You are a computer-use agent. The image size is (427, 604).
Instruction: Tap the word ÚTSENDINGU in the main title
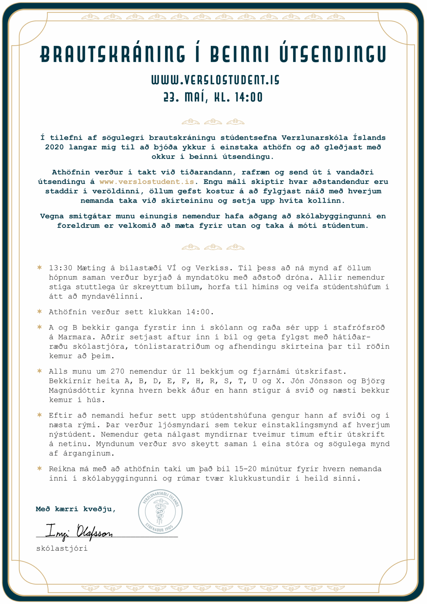click(x=333, y=54)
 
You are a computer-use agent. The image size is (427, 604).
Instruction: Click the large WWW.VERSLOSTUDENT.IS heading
click(x=215, y=80)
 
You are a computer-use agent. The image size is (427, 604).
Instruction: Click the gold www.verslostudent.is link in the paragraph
click(x=147, y=182)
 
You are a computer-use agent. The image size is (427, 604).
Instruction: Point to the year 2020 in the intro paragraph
click(x=54, y=147)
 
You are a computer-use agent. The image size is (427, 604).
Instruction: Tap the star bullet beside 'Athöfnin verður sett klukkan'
click(x=39, y=311)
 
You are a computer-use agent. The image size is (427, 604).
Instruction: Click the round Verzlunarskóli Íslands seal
click(x=160, y=511)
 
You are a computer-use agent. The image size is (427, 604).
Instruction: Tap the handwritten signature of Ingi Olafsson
click(x=79, y=531)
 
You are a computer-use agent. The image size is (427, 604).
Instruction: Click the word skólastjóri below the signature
click(x=62, y=549)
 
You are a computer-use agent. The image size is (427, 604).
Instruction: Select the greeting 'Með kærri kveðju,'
click(x=75, y=509)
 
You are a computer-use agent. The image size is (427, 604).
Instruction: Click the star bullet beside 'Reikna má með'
click(x=39, y=468)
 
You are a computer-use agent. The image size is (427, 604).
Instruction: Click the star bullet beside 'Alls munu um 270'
click(x=39, y=371)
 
